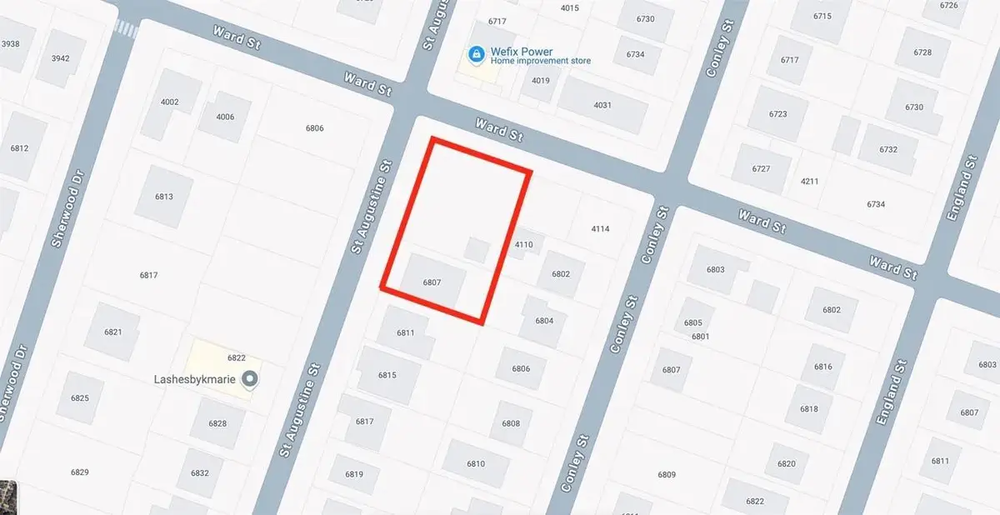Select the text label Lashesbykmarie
tap(197, 380)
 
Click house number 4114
tap(600, 228)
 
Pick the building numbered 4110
tap(524, 244)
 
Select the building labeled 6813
tap(163, 197)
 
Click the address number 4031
tap(602, 105)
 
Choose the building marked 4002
tap(169, 102)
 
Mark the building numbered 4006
tap(225, 117)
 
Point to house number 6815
tap(387, 375)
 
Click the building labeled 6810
tap(476, 463)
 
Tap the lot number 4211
tap(809, 181)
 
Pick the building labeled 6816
tap(822, 367)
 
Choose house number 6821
tap(113, 332)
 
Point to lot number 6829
tap(80, 472)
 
